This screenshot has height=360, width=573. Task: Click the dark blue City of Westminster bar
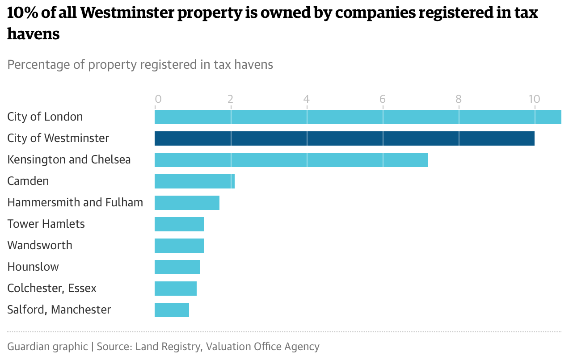[344, 138]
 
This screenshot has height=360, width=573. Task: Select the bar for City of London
[358, 117]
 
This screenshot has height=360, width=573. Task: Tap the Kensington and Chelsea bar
[291, 160]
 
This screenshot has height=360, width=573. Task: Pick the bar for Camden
[194, 181]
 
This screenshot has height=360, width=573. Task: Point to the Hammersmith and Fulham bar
[187, 203]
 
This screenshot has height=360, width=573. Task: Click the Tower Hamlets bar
[179, 224]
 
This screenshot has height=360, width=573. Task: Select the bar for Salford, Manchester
[172, 310]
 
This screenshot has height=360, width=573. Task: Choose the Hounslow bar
[177, 267]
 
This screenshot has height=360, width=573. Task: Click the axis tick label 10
[534, 99]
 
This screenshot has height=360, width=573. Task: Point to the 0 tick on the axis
[158, 99]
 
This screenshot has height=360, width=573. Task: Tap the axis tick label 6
[383, 99]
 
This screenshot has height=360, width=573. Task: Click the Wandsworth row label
[40, 245]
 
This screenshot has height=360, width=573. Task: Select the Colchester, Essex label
[52, 288]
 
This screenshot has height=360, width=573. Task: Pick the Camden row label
[28, 181]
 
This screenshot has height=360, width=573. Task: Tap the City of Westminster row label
[58, 138]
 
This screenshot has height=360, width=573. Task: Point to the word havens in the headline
[34, 33]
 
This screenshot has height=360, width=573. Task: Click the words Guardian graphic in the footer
[47, 346]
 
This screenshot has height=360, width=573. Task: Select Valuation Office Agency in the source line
[263, 346]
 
